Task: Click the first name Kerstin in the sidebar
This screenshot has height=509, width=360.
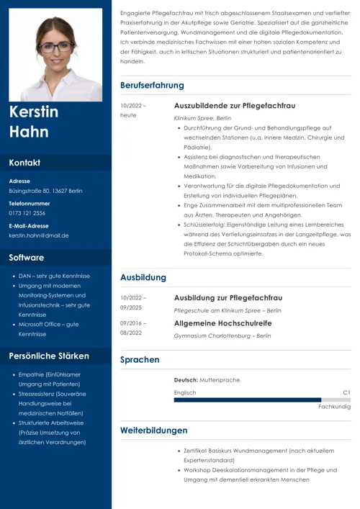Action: (x=34, y=113)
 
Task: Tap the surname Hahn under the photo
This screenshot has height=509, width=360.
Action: (x=29, y=132)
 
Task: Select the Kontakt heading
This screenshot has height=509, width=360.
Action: (x=24, y=163)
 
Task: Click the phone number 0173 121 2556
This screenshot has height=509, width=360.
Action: (x=27, y=213)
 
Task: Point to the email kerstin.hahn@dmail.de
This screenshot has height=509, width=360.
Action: (x=39, y=235)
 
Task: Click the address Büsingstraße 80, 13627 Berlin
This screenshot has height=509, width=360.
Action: (x=45, y=191)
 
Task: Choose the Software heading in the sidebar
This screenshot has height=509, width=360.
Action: (x=27, y=258)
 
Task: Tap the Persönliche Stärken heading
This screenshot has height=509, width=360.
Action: (x=49, y=356)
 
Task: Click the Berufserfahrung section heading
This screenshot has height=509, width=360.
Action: (x=152, y=86)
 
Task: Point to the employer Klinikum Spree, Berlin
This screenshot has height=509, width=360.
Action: (x=202, y=117)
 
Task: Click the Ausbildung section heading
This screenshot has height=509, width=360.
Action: (x=143, y=277)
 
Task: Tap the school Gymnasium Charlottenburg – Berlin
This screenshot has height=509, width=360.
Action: (x=222, y=335)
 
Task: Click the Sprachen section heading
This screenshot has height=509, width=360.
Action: (x=140, y=359)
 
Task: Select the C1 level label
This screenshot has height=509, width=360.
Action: (x=346, y=392)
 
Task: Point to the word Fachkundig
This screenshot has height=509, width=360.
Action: (x=334, y=407)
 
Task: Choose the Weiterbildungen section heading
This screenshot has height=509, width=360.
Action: (x=153, y=431)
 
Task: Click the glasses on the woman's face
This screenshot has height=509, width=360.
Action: (x=56, y=47)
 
